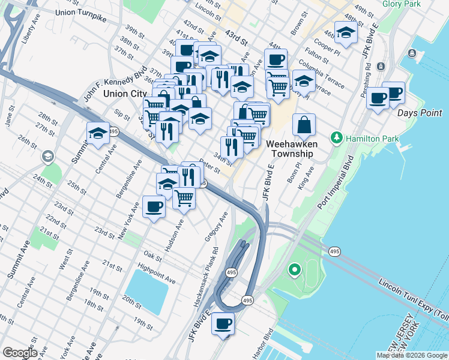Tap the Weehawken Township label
coord(291,149)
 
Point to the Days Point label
coord(419,112)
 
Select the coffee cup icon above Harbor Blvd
coord(223,323)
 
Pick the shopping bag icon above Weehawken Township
coord(305,125)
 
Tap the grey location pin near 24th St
coord(47,157)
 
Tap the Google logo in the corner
coord(19,352)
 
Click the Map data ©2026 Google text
coord(412,355)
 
